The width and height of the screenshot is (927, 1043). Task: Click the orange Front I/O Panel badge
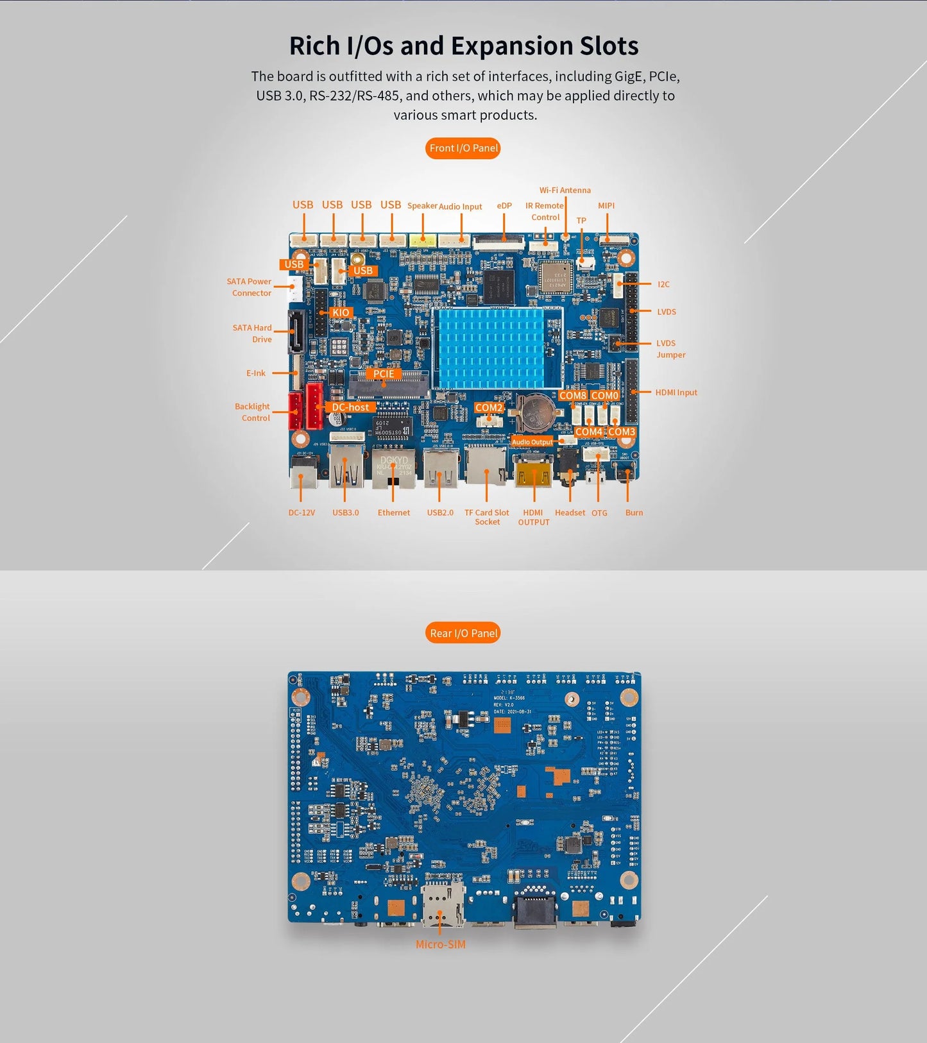463,148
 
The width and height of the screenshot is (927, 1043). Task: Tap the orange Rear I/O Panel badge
463,633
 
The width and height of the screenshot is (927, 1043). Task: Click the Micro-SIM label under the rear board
440,944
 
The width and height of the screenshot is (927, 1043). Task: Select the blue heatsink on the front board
497,347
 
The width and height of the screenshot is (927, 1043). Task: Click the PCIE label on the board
384,374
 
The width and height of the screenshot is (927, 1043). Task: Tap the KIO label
341,312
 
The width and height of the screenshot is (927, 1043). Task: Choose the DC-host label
350,407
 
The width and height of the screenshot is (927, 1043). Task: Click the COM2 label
489,407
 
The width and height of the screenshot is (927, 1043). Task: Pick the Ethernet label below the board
393,513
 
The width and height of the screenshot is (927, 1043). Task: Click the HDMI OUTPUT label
533,517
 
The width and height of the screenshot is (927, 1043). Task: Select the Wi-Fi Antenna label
565,191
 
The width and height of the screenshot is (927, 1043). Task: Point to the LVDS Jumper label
670,349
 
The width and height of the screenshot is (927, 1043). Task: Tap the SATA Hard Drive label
253,334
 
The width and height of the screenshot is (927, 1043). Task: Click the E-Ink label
256,373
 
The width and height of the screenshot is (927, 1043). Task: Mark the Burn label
634,513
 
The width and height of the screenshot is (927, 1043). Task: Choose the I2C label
663,284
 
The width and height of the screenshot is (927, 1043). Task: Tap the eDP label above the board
504,206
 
